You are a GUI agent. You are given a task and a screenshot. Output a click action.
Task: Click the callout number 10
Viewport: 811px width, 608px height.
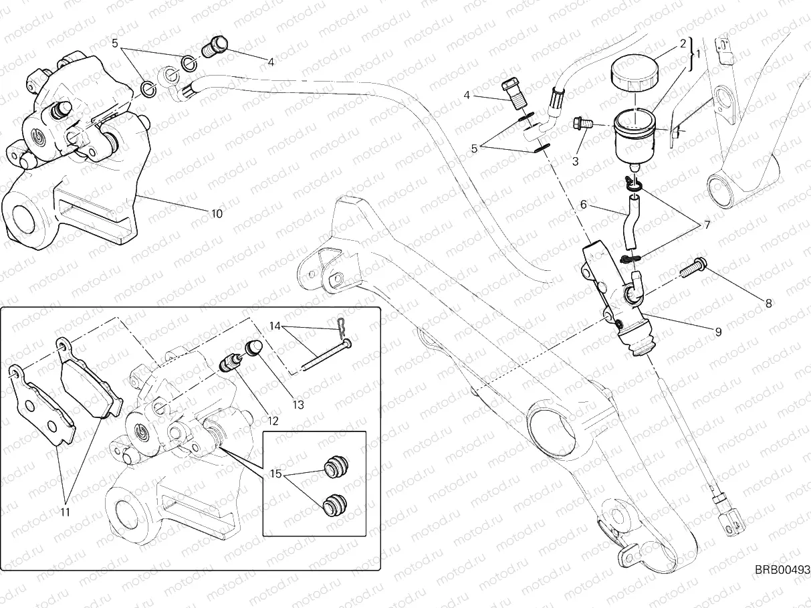coord(217,215)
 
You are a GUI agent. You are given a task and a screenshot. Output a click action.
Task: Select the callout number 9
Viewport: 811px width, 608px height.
coord(718,331)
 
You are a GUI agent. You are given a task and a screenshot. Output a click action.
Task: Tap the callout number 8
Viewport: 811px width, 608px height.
coord(768,303)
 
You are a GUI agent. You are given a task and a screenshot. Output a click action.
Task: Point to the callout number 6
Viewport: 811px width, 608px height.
coord(583,205)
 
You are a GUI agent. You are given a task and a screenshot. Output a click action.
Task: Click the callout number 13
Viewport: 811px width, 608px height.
coord(298,405)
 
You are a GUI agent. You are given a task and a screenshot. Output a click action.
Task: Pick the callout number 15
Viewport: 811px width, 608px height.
coord(275,474)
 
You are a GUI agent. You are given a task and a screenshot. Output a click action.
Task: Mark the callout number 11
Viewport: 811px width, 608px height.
coord(65,514)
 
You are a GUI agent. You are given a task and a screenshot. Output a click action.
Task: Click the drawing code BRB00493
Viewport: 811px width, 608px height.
coord(782,570)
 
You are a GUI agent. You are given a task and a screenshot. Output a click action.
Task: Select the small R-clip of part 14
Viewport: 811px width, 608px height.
coord(340,323)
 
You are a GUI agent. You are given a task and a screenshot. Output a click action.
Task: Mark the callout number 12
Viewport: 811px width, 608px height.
coord(272,421)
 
